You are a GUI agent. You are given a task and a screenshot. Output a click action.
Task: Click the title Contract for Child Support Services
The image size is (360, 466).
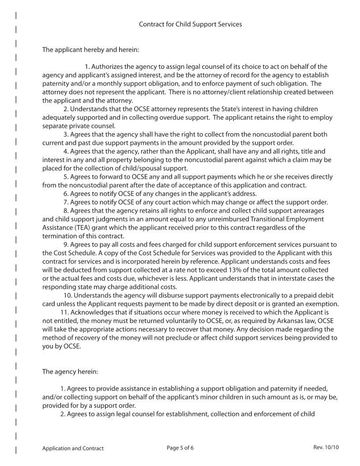[x=190, y=24]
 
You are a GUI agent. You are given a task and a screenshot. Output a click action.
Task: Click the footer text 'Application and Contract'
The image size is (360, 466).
[x=73, y=448]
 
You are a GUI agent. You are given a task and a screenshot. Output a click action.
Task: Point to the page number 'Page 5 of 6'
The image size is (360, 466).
[x=180, y=448]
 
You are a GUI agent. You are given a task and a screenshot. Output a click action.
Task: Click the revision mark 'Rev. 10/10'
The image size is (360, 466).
[x=326, y=447]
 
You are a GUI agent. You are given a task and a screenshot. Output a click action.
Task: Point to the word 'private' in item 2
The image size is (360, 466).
[x=75, y=125]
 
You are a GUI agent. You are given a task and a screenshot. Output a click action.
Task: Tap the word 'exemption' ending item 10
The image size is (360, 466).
[x=323, y=304]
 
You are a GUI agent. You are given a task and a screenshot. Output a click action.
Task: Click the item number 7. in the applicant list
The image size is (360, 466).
[x=66, y=203]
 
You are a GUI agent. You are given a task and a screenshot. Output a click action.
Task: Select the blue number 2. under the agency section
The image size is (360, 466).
[x=63, y=414]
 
